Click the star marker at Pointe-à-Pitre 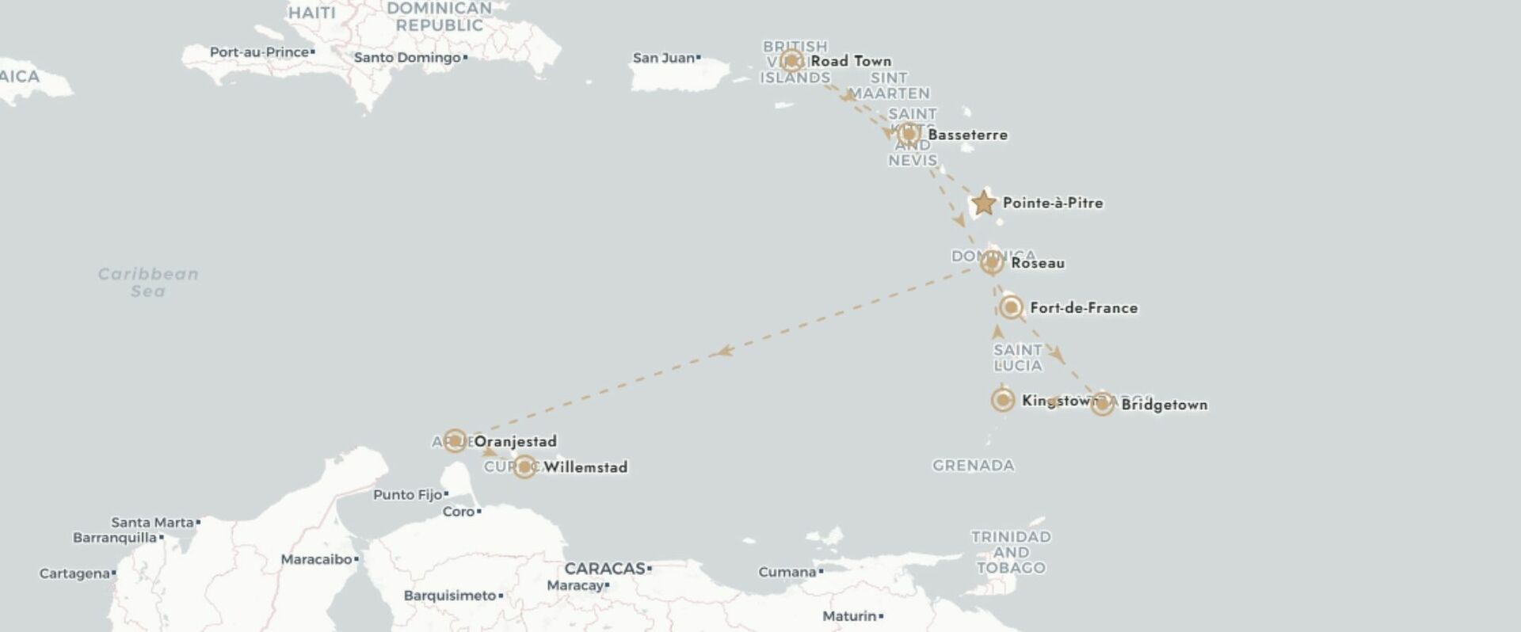click(983, 203)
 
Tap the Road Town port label click(851, 61)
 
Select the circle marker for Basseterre click(909, 134)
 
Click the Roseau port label click(1038, 263)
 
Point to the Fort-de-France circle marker click(1010, 307)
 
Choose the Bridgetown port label click(1165, 405)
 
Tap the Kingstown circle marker click(1003, 400)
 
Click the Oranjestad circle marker click(455, 440)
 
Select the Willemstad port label click(585, 467)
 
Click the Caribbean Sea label click(148, 282)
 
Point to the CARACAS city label click(605, 569)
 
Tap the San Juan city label click(664, 58)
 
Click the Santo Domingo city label click(407, 57)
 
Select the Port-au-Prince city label click(259, 52)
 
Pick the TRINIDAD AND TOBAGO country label click(1011, 552)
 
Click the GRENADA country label click(973, 466)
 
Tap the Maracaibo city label click(316, 559)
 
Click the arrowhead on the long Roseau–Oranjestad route click(722, 351)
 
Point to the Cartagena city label click(74, 573)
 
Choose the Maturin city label click(849, 616)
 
